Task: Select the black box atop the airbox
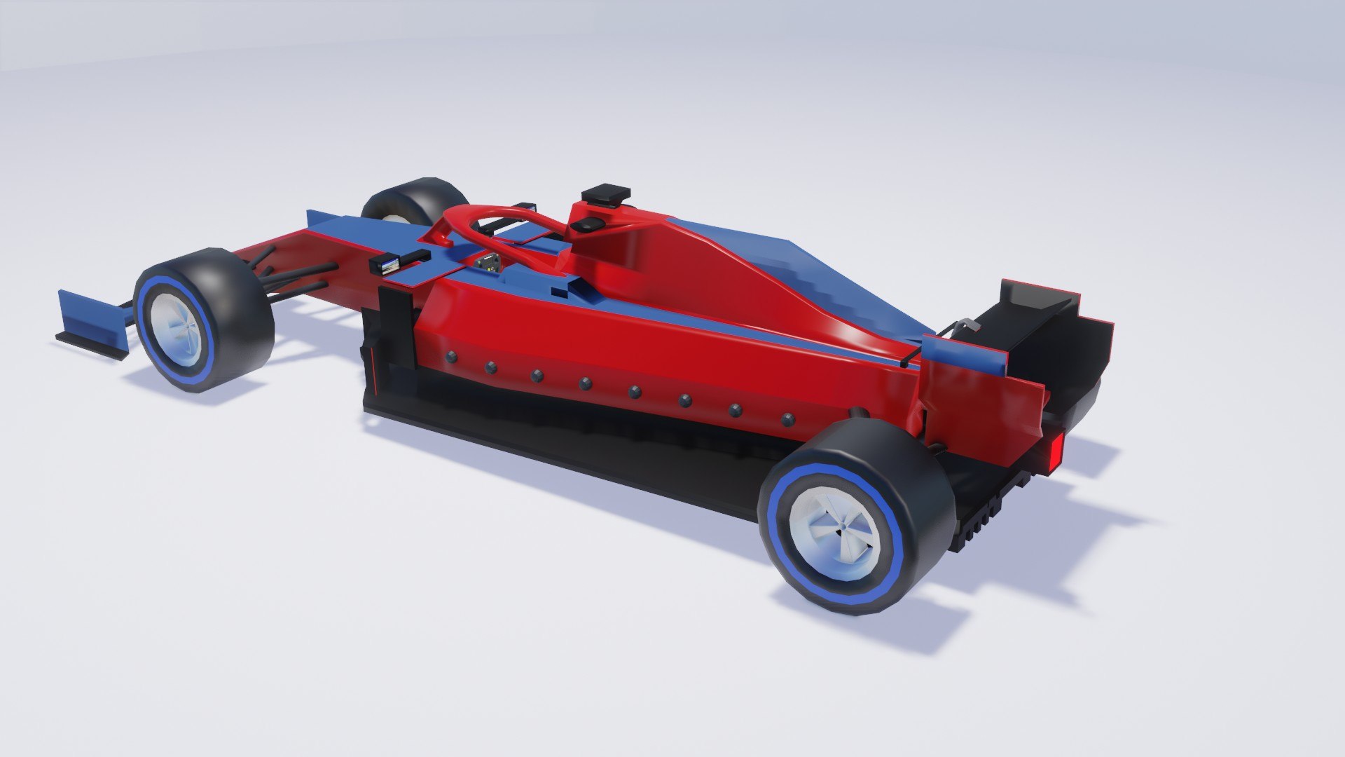click(x=605, y=193)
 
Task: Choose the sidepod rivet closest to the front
click(x=450, y=357)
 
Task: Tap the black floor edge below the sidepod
click(x=560, y=449)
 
